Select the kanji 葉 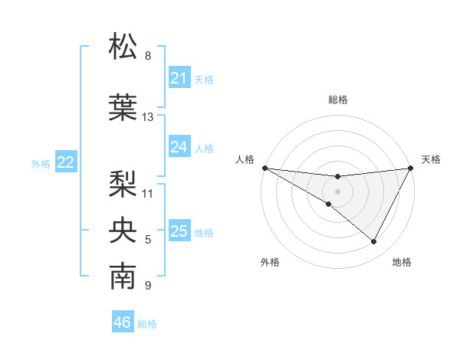[x=123, y=107]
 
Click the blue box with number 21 [x=179, y=78]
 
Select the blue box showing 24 [x=179, y=148]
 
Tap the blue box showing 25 [x=179, y=231]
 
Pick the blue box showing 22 [x=65, y=162]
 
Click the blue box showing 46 [x=122, y=322]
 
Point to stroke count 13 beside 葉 [x=148, y=117]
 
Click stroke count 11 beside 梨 [x=148, y=193]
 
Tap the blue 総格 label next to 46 [x=147, y=324]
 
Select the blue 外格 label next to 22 [x=41, y=163]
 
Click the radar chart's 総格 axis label [x=337, y=100]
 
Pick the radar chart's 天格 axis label [x=431, y=159]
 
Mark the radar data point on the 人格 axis [x=264, y=167]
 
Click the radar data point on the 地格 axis [x=374, y=241]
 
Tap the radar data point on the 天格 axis [x=411, y=168]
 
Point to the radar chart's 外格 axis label [x=270, y=262]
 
